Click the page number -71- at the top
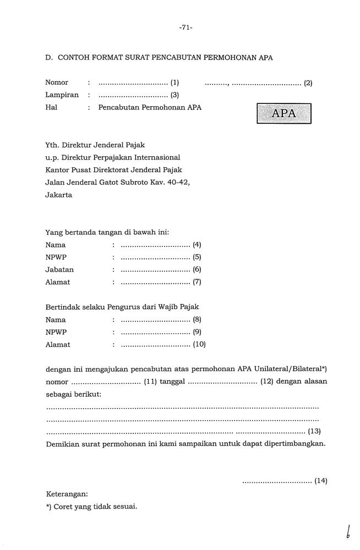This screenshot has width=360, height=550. (x=185, y=28)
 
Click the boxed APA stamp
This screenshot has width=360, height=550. (x=283, y=114)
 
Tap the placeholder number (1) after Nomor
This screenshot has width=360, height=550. (x=175, y=83)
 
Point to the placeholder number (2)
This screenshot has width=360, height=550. (x=308, y=84)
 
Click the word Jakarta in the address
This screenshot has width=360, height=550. (x=58, y=195)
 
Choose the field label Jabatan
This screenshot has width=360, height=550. (x=59, y=269)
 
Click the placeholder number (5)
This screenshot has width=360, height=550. (x=197, y=257)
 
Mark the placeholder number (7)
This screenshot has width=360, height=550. (x=197, y=282)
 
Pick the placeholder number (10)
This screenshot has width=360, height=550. (x=199, y=345)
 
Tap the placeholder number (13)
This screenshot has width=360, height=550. (x=314, y=431)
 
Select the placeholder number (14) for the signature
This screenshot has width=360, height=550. (x=321, y=481)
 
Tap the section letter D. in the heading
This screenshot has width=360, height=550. (x=49, y=57)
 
